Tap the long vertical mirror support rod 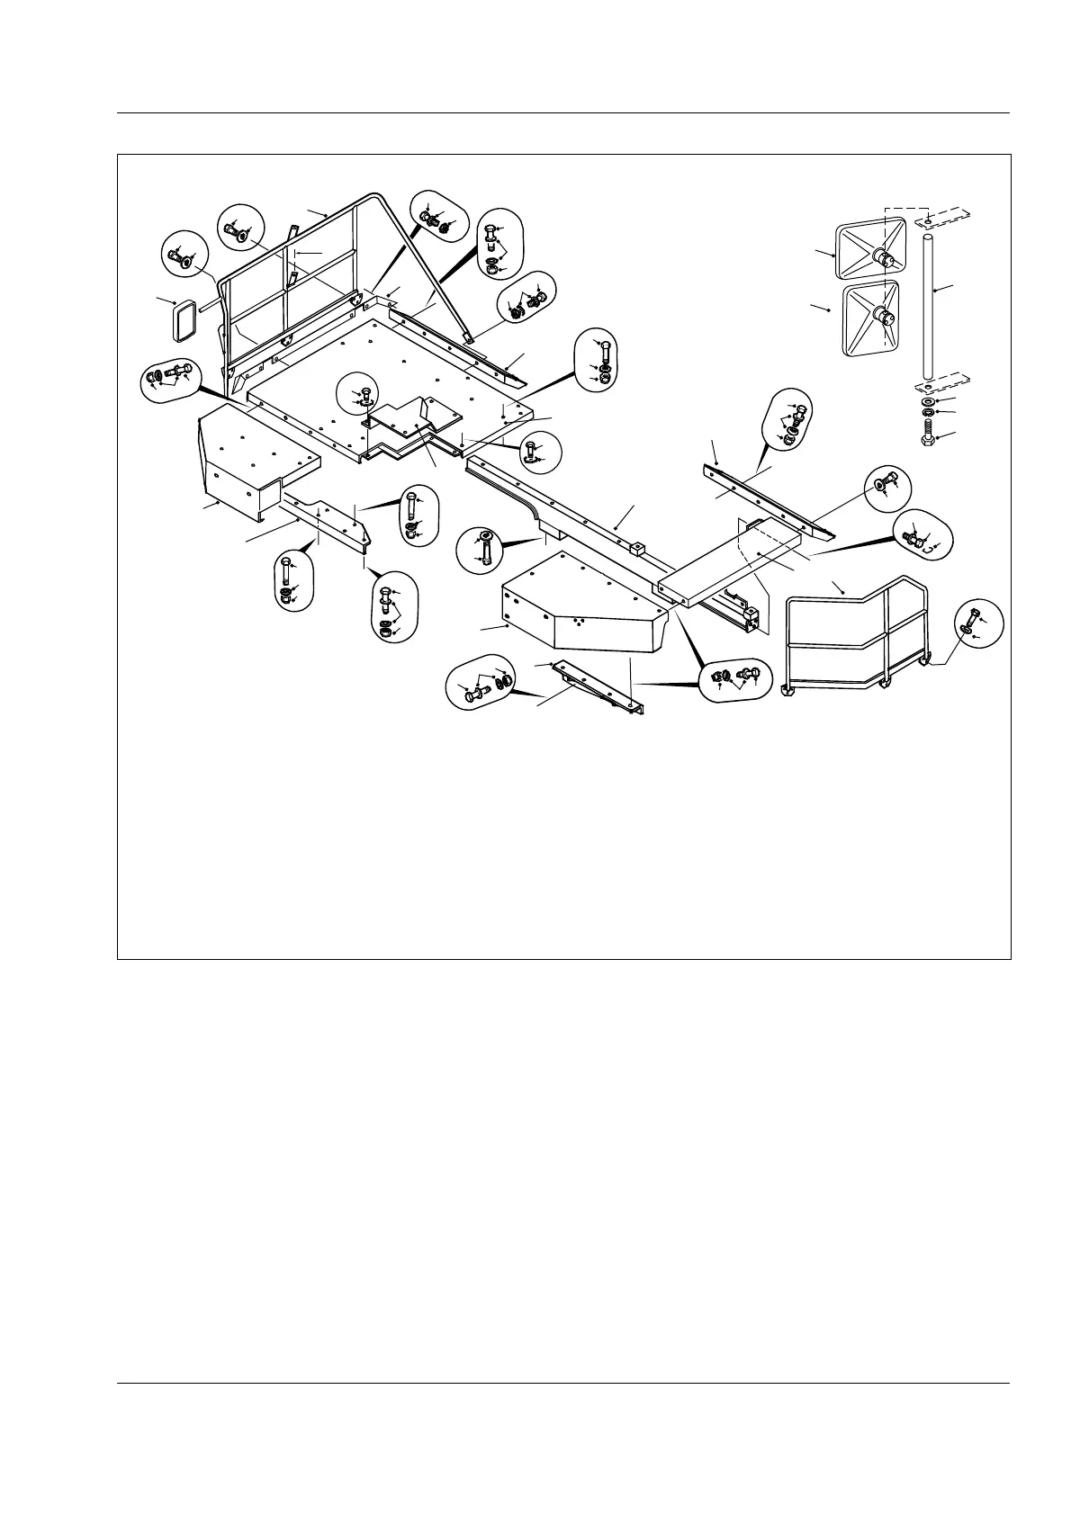[x=927, y=306]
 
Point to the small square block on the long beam [x=640, y=547]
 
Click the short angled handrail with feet [x=855, y=639]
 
